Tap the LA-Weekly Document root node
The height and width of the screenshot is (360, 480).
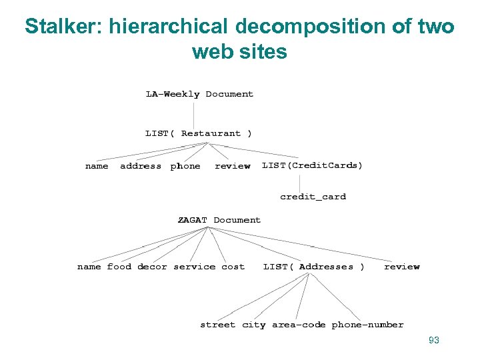pyautogui.click(x=199, y=94)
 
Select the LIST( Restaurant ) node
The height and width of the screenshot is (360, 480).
pyautogui.click(x=199, y=133)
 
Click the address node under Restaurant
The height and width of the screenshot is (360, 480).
pyautogui.click(x=141, y=166)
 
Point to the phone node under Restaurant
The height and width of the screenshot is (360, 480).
pyautogui.click(x=185, y=166)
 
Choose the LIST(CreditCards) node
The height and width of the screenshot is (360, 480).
pyautogui.click(x=313, y=165)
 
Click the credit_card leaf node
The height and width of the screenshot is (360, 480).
pyautogui.click(x=313, y=197)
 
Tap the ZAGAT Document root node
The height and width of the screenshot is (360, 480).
pyautogui.click(x=219, y=220)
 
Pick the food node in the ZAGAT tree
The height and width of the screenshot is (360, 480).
pyautogui.click(x=119, y=267)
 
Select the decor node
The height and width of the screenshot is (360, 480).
pyautogui.click(x=152, y=267)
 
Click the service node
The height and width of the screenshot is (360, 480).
pyautogui.click(x=194, y=267)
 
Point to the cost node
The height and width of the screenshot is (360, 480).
pyautogui.click(x=233, y=267)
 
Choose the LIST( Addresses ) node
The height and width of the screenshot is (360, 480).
pyautogui.click(x=314, y=267)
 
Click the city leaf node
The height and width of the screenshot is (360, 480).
pyautogui.click(x=253, y=325)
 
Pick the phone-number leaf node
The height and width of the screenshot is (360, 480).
pyautogui.click(x=367, y=325)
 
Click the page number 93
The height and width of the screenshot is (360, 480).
pyautogui.click(x=434, y=341)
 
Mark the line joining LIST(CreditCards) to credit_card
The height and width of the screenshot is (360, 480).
pyautogui.click(x=299, y=181)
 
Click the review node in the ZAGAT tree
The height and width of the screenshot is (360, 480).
pyautogui.click(x=402, y=267)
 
